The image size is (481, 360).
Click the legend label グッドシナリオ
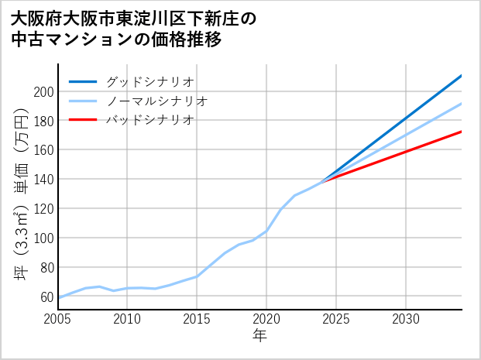tap(149, 81)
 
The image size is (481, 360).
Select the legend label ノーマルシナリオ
tap(156, 101)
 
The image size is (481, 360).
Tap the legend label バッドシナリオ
tap(149, 120)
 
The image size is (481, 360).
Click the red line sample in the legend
tap(83, 120)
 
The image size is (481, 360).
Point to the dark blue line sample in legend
tap(83, 81)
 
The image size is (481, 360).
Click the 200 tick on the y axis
tap(43, 91)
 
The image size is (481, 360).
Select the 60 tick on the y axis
tap(46, 297)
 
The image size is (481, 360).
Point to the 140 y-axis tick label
tap(43, 180)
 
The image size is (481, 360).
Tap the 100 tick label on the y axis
tap(43, 238)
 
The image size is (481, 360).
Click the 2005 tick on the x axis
tap(58, 319)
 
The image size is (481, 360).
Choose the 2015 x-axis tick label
tap(197, 319)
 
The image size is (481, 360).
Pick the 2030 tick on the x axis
tap(406, 319)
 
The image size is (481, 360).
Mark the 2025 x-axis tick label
tap(336, 319)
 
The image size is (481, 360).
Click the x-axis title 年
tap(259, 336)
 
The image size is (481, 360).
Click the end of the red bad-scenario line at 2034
tap(461, 132)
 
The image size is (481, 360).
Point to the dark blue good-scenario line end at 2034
tap(461, 76)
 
